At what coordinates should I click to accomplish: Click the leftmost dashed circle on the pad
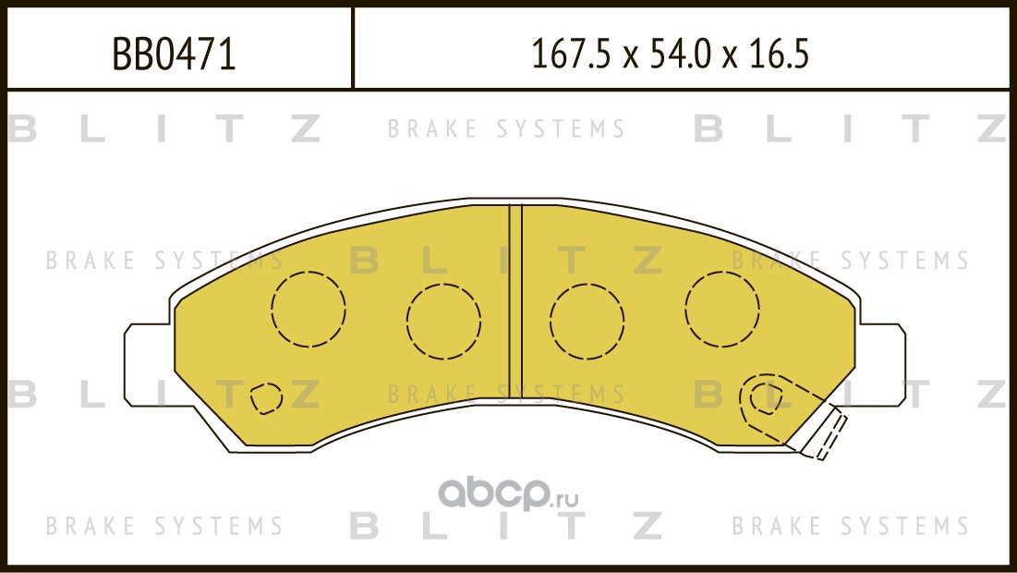[x=309, y=309]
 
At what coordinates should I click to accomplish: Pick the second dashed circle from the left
[x=443, y=322]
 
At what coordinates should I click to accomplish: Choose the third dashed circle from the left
[x=587, y=322]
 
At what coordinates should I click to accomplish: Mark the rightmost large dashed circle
[x=722, y=309]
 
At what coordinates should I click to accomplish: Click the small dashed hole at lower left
[x=265, y=397]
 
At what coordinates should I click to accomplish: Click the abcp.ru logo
[x=508, y=496]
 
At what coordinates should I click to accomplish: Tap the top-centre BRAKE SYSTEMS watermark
[x=506, y=129]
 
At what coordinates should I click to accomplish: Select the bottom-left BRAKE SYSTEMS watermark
[x=164, y=526]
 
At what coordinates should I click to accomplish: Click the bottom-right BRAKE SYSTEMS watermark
[x=851, y=526]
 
